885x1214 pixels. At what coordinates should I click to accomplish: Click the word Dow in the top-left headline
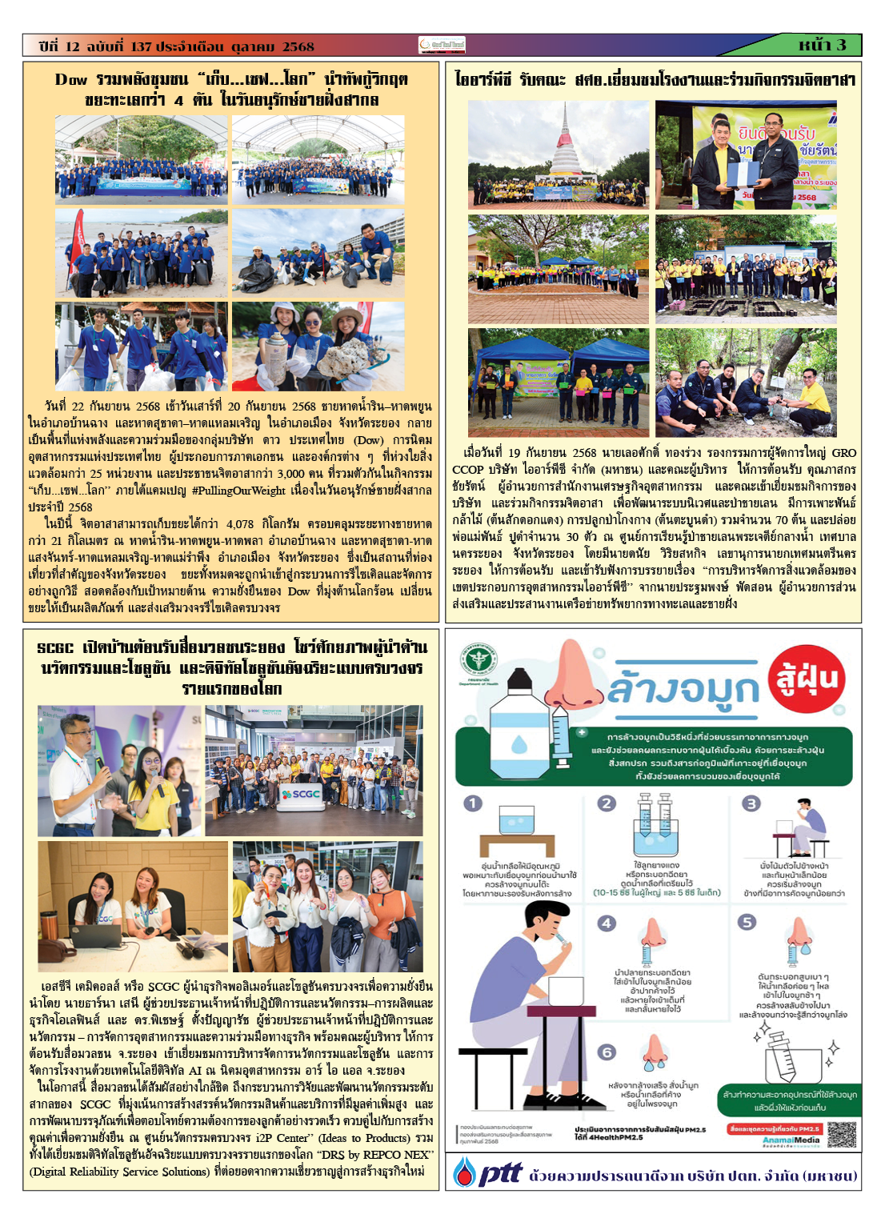71,79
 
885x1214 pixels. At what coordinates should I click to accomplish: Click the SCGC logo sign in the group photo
301,794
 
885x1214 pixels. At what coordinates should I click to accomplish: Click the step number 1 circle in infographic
473,803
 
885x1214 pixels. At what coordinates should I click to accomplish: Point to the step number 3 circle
751,803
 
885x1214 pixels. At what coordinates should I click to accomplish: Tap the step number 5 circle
747,922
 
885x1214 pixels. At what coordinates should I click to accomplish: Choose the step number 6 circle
607,1051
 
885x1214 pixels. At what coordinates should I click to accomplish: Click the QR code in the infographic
841,1135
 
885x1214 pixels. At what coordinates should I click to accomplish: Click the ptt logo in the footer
490,1173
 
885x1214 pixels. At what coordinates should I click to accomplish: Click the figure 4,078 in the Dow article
239,523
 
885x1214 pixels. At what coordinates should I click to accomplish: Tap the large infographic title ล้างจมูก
682,689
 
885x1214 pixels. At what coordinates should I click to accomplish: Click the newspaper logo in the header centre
442,46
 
